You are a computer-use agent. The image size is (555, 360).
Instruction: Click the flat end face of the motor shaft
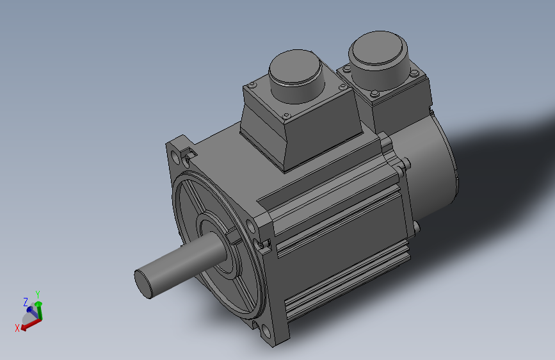[145, 283]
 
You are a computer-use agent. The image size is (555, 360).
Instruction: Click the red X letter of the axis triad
[17, 328]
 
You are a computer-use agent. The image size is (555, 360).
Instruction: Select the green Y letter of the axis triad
[38, 294]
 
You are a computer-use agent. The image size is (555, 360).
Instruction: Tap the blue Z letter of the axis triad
[26, 301]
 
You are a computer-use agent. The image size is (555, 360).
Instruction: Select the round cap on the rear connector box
[378, 53]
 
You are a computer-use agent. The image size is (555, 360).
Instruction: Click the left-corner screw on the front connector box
[252, 85]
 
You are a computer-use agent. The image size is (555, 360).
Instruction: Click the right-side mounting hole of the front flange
[259, 243]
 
